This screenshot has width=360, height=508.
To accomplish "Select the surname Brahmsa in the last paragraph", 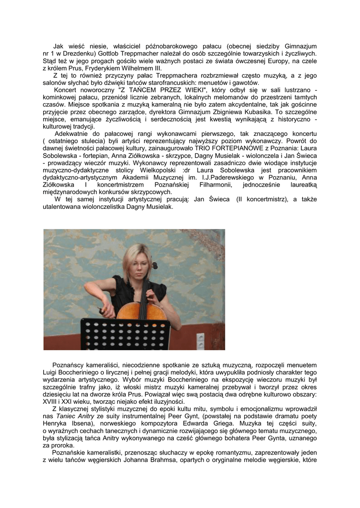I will coord(174,461).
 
